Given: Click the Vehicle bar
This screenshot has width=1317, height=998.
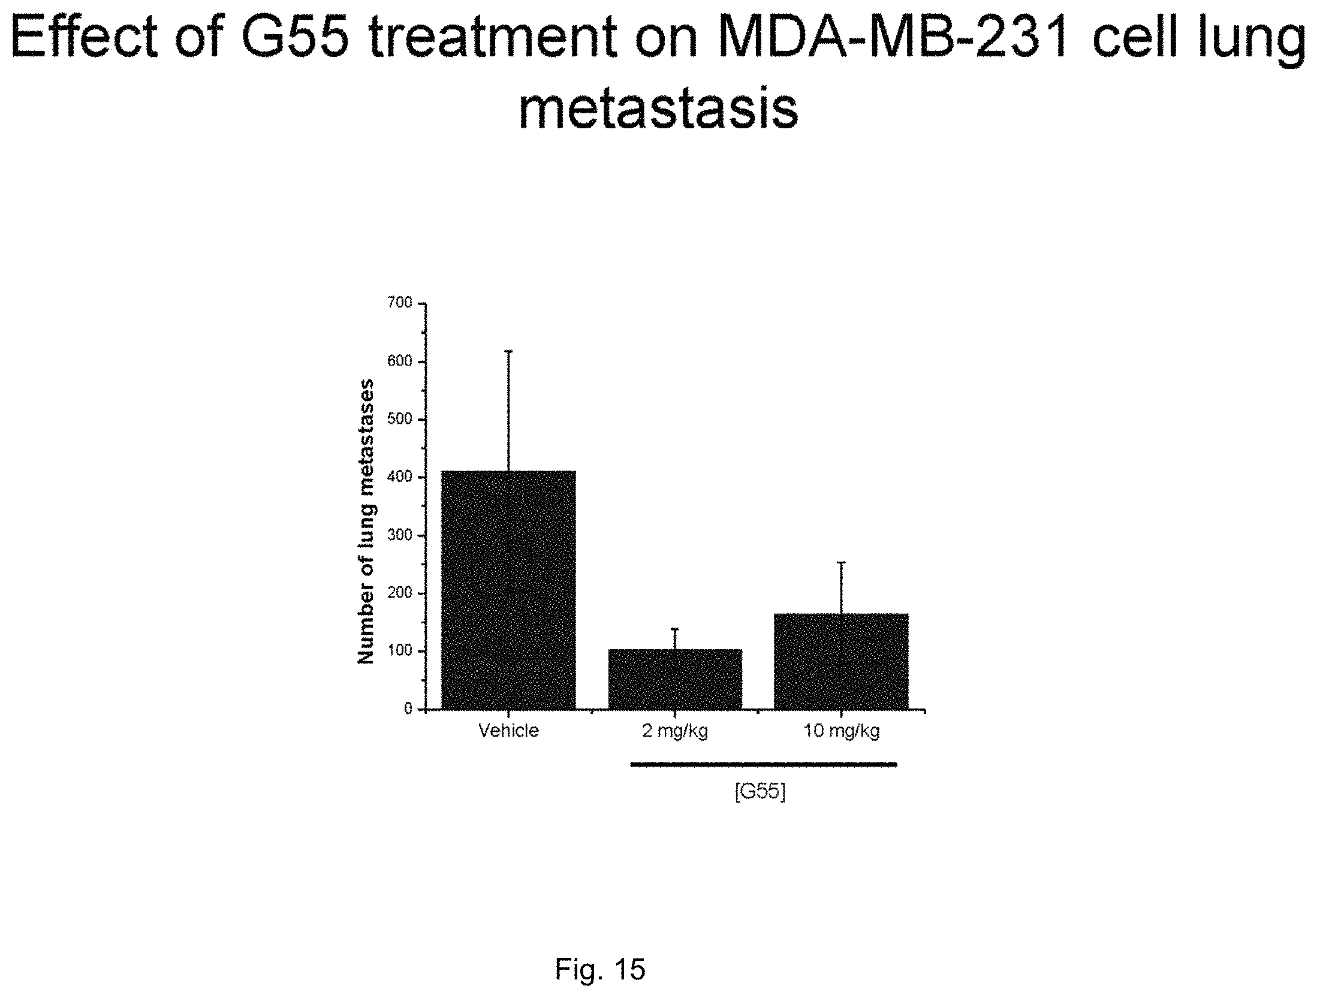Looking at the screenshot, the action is (x=508, y=590).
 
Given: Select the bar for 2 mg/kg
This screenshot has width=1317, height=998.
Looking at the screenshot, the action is (x=675, y=679).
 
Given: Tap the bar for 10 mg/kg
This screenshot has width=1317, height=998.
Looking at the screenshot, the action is (x=841, y=661).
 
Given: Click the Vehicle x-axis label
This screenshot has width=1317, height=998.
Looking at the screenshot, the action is (x=509, y=731).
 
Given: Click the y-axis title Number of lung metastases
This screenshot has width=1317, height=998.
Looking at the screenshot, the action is (x=366, y=521).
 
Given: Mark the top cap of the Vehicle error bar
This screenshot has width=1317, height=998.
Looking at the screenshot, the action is (x=509, y=351).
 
